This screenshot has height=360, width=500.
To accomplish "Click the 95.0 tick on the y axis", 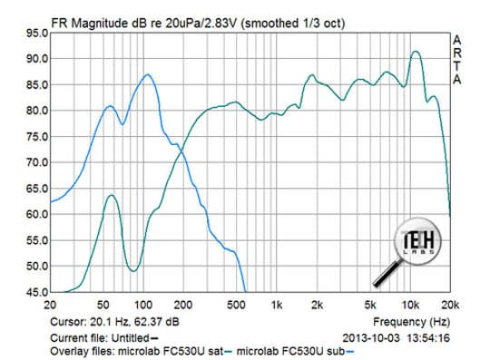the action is tap(37, 33).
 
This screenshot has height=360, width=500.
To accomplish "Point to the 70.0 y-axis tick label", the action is tap(37, 162).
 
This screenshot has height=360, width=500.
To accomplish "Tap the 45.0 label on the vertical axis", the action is tap(37, 292).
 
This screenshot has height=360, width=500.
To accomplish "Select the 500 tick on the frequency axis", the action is tap(236, 306).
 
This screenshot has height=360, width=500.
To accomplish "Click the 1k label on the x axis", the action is tap(277, 306).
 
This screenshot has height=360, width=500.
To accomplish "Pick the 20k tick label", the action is tap(450, 306).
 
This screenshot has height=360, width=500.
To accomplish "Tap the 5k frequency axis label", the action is tap(370, 306).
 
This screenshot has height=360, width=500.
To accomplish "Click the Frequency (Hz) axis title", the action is tap(411, 322).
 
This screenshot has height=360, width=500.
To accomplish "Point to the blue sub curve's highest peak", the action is tap(147, 74).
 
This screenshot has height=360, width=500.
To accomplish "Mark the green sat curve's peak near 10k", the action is tap(416, 52).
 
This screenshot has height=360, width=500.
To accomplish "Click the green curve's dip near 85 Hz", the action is tap(133, 271).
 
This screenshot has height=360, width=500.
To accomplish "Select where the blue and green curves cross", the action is tap(182, 151).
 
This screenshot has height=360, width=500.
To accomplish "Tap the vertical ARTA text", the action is tap(457, 60).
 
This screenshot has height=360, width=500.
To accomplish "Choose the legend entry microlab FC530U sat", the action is tap(171, 352).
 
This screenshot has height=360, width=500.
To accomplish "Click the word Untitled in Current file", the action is tap(131, 337).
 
